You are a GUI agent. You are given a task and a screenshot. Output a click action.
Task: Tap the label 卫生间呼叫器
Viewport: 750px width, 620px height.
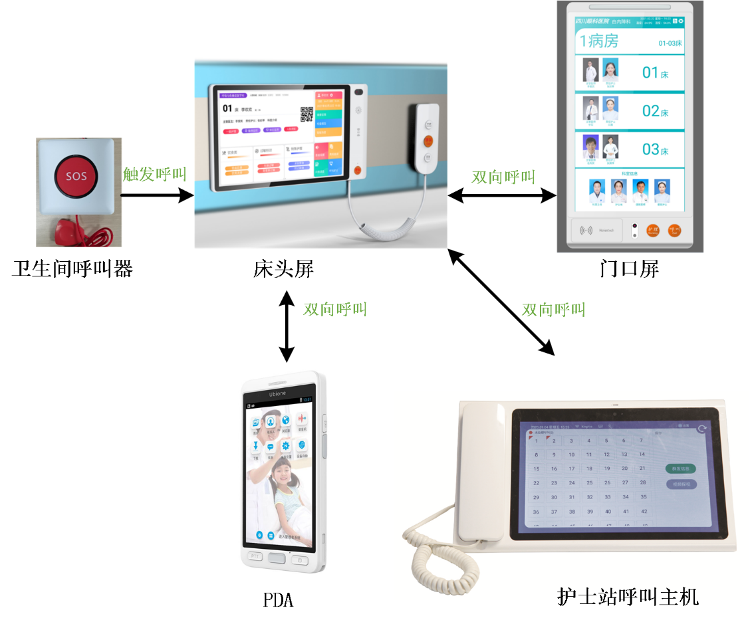click(72, 269)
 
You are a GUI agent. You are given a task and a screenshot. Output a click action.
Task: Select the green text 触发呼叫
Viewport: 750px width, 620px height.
click(154, 174)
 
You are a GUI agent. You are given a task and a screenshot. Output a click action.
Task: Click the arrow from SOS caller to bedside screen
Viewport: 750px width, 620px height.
click(156, 195)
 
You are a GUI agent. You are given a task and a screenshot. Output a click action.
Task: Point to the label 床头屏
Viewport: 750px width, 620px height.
click(283, 269)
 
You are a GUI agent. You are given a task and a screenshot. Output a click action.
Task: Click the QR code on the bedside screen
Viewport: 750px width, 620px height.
click(307, 114)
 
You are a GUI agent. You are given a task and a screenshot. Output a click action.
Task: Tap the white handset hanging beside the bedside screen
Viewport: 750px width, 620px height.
click(427, 140)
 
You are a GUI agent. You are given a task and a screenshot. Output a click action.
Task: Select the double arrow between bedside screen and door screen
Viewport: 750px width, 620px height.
click(502, 195)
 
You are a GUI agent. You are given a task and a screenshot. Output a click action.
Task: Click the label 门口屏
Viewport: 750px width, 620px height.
click(628, 269)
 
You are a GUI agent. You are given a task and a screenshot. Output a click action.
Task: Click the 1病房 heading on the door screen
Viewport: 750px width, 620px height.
click(599, 41)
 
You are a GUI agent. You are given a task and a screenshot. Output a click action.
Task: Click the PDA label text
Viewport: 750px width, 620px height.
click(278, 599)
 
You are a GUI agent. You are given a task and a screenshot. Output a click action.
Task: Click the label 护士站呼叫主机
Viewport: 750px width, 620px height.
click(628, 596)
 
